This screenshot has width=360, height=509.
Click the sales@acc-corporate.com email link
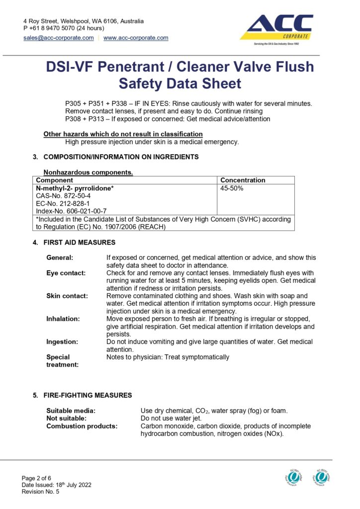[59, 38]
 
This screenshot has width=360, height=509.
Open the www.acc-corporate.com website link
[136, 38]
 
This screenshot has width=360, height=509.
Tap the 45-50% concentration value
[232, 188]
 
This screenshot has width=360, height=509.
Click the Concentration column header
[243, 180]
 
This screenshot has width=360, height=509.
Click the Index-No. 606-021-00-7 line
[71, 211]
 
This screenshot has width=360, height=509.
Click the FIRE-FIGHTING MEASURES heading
[88, 395]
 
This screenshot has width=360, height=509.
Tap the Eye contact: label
[66, 273]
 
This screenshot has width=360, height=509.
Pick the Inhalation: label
[63, 318]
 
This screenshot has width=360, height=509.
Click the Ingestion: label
[62, 341]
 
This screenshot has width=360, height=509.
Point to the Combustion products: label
[82, 426]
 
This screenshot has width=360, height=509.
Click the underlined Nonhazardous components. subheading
[89, 172]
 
